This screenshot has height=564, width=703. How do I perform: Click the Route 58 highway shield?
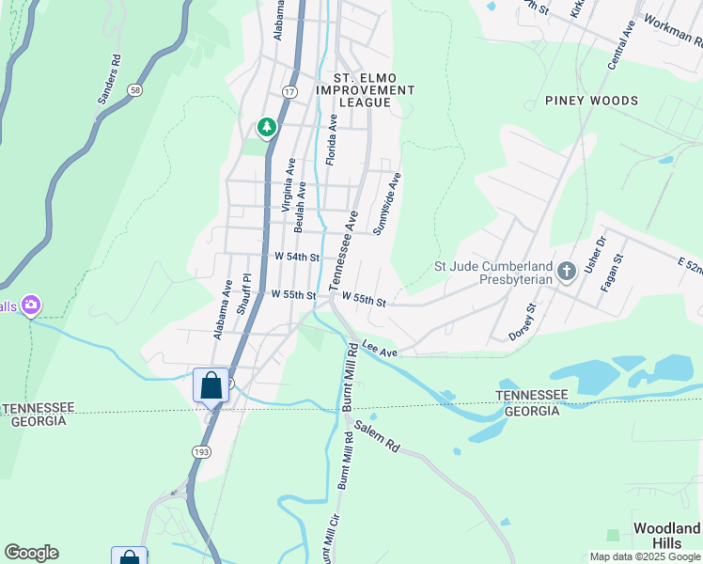[136, 90]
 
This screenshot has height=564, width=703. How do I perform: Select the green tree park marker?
[267, 127]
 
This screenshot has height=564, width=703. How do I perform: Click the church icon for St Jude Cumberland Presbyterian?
[566, 272]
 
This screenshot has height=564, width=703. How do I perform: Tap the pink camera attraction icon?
[32, 305]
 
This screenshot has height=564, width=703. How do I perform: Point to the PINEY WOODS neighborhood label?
[591, 101]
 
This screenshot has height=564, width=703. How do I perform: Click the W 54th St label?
[298, 257]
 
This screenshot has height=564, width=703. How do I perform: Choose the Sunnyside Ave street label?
[387, 203]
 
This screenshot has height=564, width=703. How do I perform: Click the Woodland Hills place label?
[666, 535]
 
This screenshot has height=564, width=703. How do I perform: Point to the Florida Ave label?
[331, 140]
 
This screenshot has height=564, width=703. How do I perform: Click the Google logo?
[31, 553]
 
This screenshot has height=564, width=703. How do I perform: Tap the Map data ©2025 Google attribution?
[645, 556]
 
